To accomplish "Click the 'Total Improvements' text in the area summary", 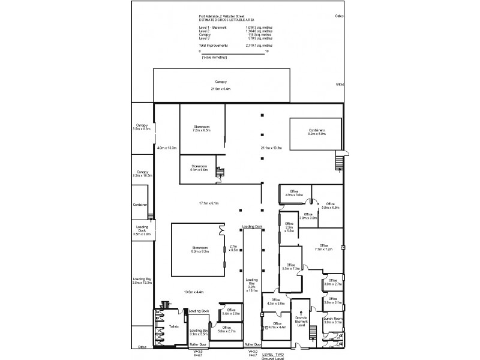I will click(x=211, y=45).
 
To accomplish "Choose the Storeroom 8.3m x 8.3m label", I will click(x=195, y=248).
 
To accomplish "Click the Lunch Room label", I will click(x=332, y=320).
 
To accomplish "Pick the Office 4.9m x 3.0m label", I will click(x=294, y=193).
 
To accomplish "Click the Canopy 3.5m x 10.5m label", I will click(x=142, y=173).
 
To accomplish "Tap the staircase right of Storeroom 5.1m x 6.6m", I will click(x=220, y=173).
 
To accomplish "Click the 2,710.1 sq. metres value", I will click(x=259, y=45).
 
